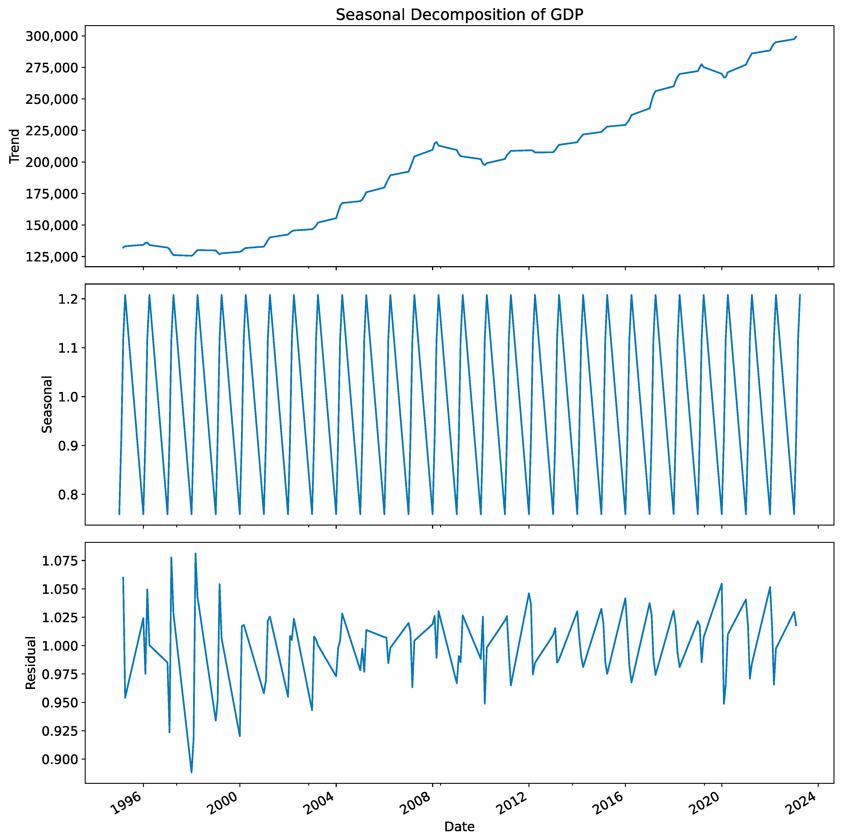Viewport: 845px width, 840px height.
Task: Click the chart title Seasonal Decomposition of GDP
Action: coord(459,15)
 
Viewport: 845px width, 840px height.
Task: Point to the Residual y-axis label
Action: coord(31,663)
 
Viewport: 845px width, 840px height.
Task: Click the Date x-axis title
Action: coord(459,827)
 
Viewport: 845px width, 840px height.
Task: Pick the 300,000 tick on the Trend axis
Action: coord(52,36)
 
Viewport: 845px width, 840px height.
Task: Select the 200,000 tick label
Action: coord(52,162)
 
